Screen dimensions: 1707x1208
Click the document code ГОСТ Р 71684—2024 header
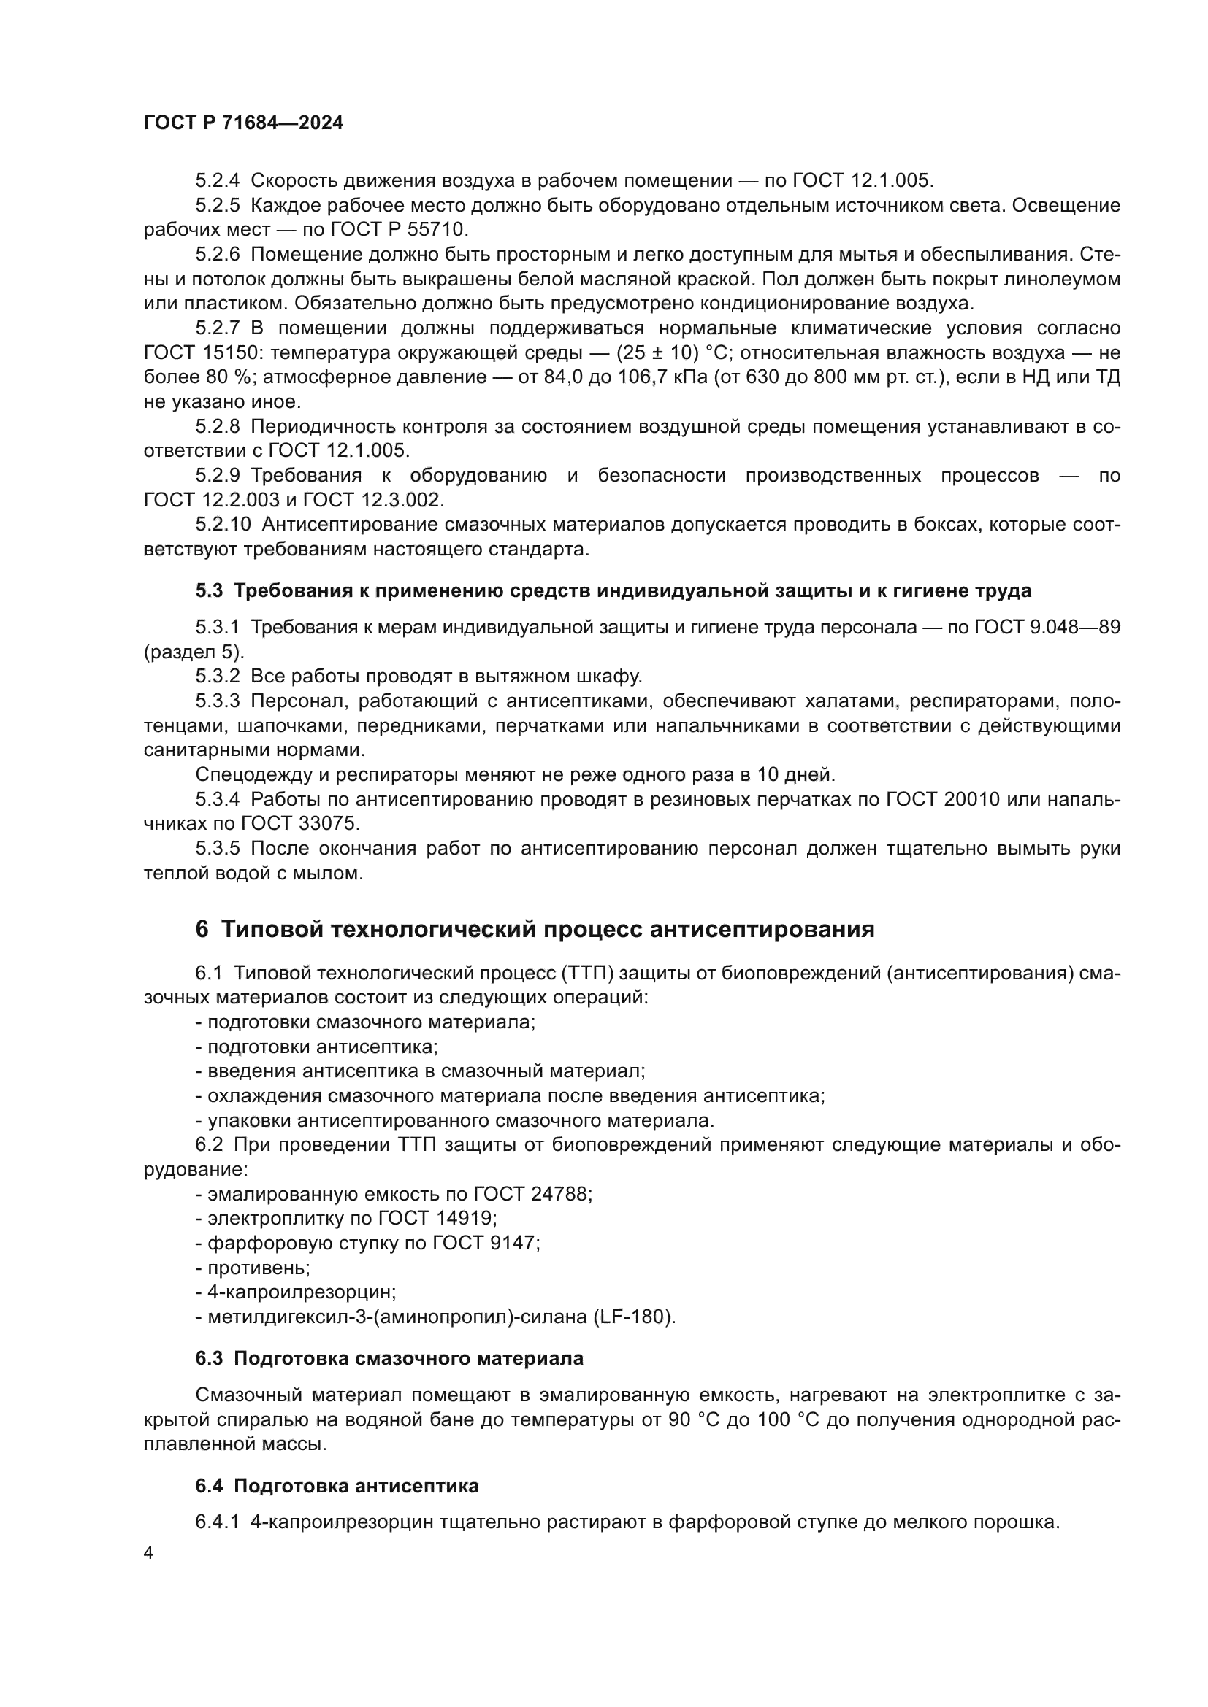(x=243, y=123)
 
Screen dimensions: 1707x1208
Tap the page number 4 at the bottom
(x=149, y=1553)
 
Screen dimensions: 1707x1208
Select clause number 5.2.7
(x=218, y=328)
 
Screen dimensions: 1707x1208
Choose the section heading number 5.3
(x=209, y=591)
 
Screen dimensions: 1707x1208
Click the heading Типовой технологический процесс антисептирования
(x=548, y=930)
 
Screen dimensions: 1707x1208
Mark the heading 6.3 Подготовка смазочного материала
(x=389, y=1358)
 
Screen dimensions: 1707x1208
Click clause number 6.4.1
(x=217, y=1522)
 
